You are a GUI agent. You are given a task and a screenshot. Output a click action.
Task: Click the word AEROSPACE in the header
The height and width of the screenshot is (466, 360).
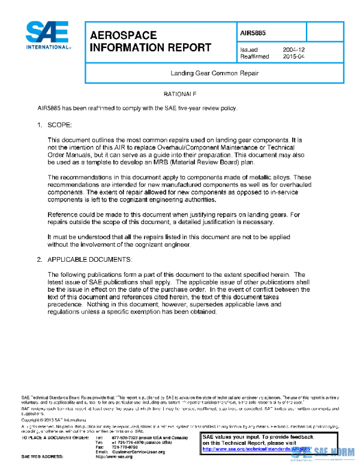[123, 35]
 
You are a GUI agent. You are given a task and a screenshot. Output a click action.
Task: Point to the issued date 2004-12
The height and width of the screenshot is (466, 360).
[294, 50]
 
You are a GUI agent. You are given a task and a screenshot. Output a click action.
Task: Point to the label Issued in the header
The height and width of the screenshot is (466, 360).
[249, 50]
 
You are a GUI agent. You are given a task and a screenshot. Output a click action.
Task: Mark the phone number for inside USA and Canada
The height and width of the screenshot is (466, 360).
[143, 438]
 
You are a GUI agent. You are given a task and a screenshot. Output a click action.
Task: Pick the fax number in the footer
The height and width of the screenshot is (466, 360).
[124, 447]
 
